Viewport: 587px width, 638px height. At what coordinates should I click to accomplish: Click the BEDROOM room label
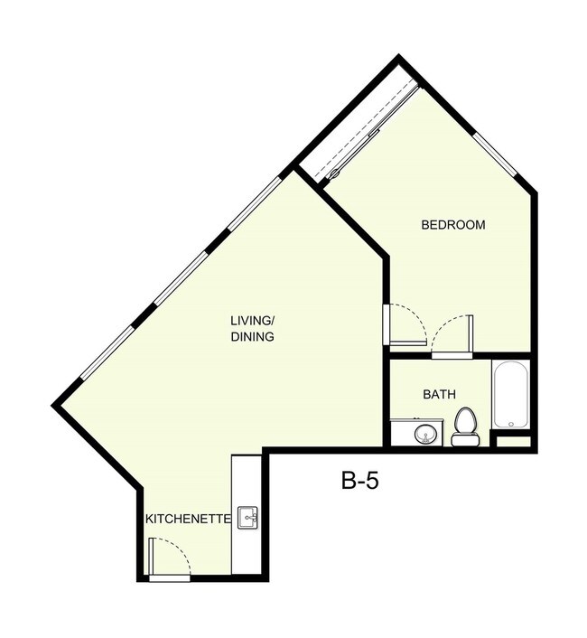[x=453, y=225]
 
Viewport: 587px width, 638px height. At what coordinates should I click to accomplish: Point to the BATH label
[x=439, y=395]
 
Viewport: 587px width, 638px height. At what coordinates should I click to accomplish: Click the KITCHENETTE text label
[x=189, y=520]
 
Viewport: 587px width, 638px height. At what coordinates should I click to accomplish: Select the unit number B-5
[x=359, y=480]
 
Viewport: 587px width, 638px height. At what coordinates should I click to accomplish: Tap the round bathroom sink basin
[x=424, y=435]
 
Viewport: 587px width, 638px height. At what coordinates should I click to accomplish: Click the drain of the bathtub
[x=510, y=422]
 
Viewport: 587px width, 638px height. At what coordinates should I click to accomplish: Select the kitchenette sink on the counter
[x=248, y=518]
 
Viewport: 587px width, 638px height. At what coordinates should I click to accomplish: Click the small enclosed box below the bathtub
[x=514, y=441]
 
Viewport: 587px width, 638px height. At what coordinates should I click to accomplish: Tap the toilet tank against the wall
[x=465, y=441]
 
